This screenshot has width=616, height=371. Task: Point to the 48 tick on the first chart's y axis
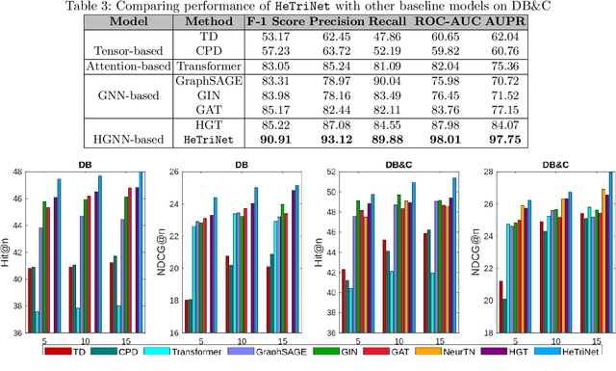point(17,172)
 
